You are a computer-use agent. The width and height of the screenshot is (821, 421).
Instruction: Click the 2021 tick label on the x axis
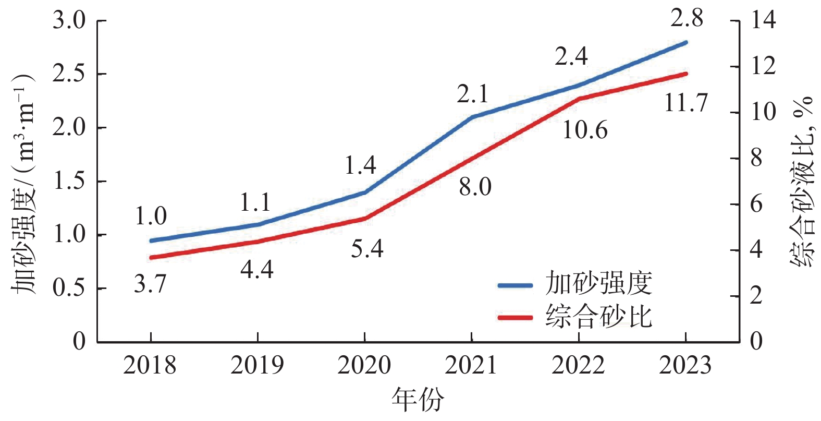[471, 366]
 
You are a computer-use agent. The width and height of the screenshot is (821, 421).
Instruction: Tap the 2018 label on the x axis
[150, 366]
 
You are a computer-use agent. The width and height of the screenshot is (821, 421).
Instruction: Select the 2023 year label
[685, 366]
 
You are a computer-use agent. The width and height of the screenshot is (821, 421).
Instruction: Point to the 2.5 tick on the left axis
[69, 74]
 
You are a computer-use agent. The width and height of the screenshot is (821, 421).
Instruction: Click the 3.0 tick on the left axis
[69, 21]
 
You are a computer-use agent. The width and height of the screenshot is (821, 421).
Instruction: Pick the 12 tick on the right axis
[762, 67]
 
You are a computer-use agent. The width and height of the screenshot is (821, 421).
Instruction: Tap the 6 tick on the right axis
[756, 204]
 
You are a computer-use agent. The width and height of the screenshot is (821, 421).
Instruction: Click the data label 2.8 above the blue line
[687, 19]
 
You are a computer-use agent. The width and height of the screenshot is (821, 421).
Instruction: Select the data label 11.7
[686, 103]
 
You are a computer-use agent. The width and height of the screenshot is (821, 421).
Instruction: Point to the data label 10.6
[585, 130]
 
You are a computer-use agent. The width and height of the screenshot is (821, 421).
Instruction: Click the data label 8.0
[475, 187]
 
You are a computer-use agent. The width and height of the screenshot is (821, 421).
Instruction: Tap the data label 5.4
[367, 249]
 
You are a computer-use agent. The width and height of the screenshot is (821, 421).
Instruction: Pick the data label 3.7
[150, 284]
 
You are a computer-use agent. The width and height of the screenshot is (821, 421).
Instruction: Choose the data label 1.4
[360, 165]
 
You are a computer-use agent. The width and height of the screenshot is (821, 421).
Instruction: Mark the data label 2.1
[473, 94]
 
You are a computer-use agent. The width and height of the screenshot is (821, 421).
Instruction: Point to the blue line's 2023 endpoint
[685, 42]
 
